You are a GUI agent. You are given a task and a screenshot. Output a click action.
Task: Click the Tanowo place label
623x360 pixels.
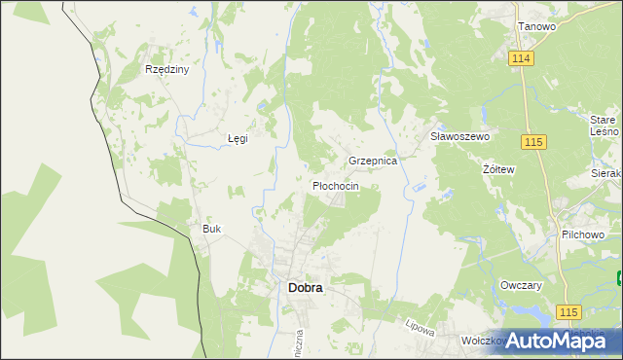pyautogui.click(x=536, y=26)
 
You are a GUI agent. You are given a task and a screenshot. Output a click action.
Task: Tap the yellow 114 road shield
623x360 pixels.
pyautogui.click(x=521, y=59)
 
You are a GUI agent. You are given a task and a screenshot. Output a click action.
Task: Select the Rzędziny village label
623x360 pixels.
pyautogui.click(x=166, y=70)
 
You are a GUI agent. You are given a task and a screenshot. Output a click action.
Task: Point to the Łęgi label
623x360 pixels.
pyautogui.click(x=238, y=138)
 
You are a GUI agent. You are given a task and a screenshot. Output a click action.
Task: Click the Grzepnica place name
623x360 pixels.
pyautogui.click(x=373, y=161)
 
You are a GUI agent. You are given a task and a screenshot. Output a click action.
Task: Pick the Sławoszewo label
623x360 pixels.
pyautogui.click(x=459, y=137)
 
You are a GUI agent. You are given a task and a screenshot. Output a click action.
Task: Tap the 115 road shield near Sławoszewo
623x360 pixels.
pyautogui.click(x=532, y=142)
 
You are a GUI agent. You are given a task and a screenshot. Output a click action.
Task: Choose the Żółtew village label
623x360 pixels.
pyautogui.click(x=498, y=168)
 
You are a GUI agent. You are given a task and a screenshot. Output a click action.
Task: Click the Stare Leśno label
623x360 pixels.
pyautogui.click(x=604, y=125)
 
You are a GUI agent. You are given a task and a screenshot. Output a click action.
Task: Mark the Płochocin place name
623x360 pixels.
pyautogui.click(x=335, y=185)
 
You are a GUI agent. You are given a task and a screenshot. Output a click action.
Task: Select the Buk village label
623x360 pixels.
pyautogui.click(x=211, y=229)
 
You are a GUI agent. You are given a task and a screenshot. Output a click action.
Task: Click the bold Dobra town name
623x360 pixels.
pyautogui.click(x=306, y=288)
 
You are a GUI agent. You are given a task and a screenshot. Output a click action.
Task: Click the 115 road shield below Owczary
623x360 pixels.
pyautogui.click(x=569, y=310)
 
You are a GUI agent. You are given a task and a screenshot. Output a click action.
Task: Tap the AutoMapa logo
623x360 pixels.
pyautogui.click(x=552, y=341)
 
